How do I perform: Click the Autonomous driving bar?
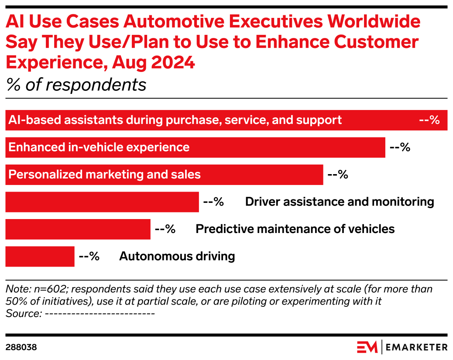tap(40, 256)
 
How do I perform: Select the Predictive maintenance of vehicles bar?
tap(78, 229)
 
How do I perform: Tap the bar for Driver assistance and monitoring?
tap(102, 202)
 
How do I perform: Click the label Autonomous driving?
tap(177, 256)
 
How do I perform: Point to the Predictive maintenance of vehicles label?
tap(295, 229)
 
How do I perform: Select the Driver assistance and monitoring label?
tap(339, 202)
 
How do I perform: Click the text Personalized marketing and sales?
tap(105, 175)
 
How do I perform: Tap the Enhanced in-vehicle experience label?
tap(99, 147)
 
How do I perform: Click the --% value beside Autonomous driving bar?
tap(89, 256)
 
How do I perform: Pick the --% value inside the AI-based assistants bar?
tap(429, 120)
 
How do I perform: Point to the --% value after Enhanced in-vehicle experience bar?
tap(400, 147)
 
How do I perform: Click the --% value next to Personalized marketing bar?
tap(337, 175)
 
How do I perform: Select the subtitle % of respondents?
tap(76, 85)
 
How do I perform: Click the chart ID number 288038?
tap(21, 347)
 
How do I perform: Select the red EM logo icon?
tap(367, 347)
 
